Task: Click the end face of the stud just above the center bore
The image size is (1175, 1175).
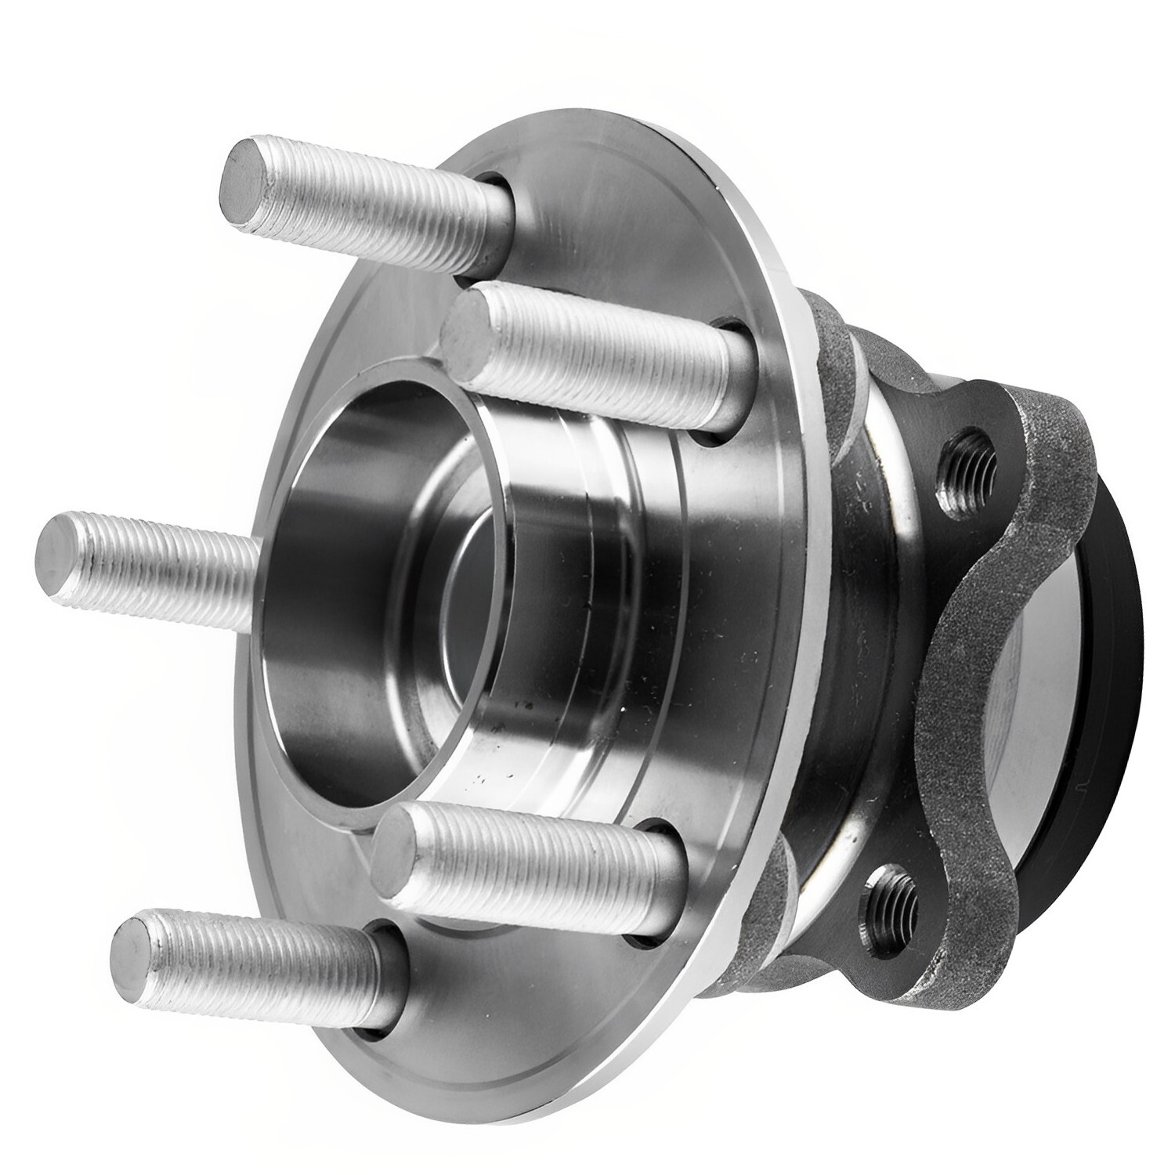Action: click(467, 328)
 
